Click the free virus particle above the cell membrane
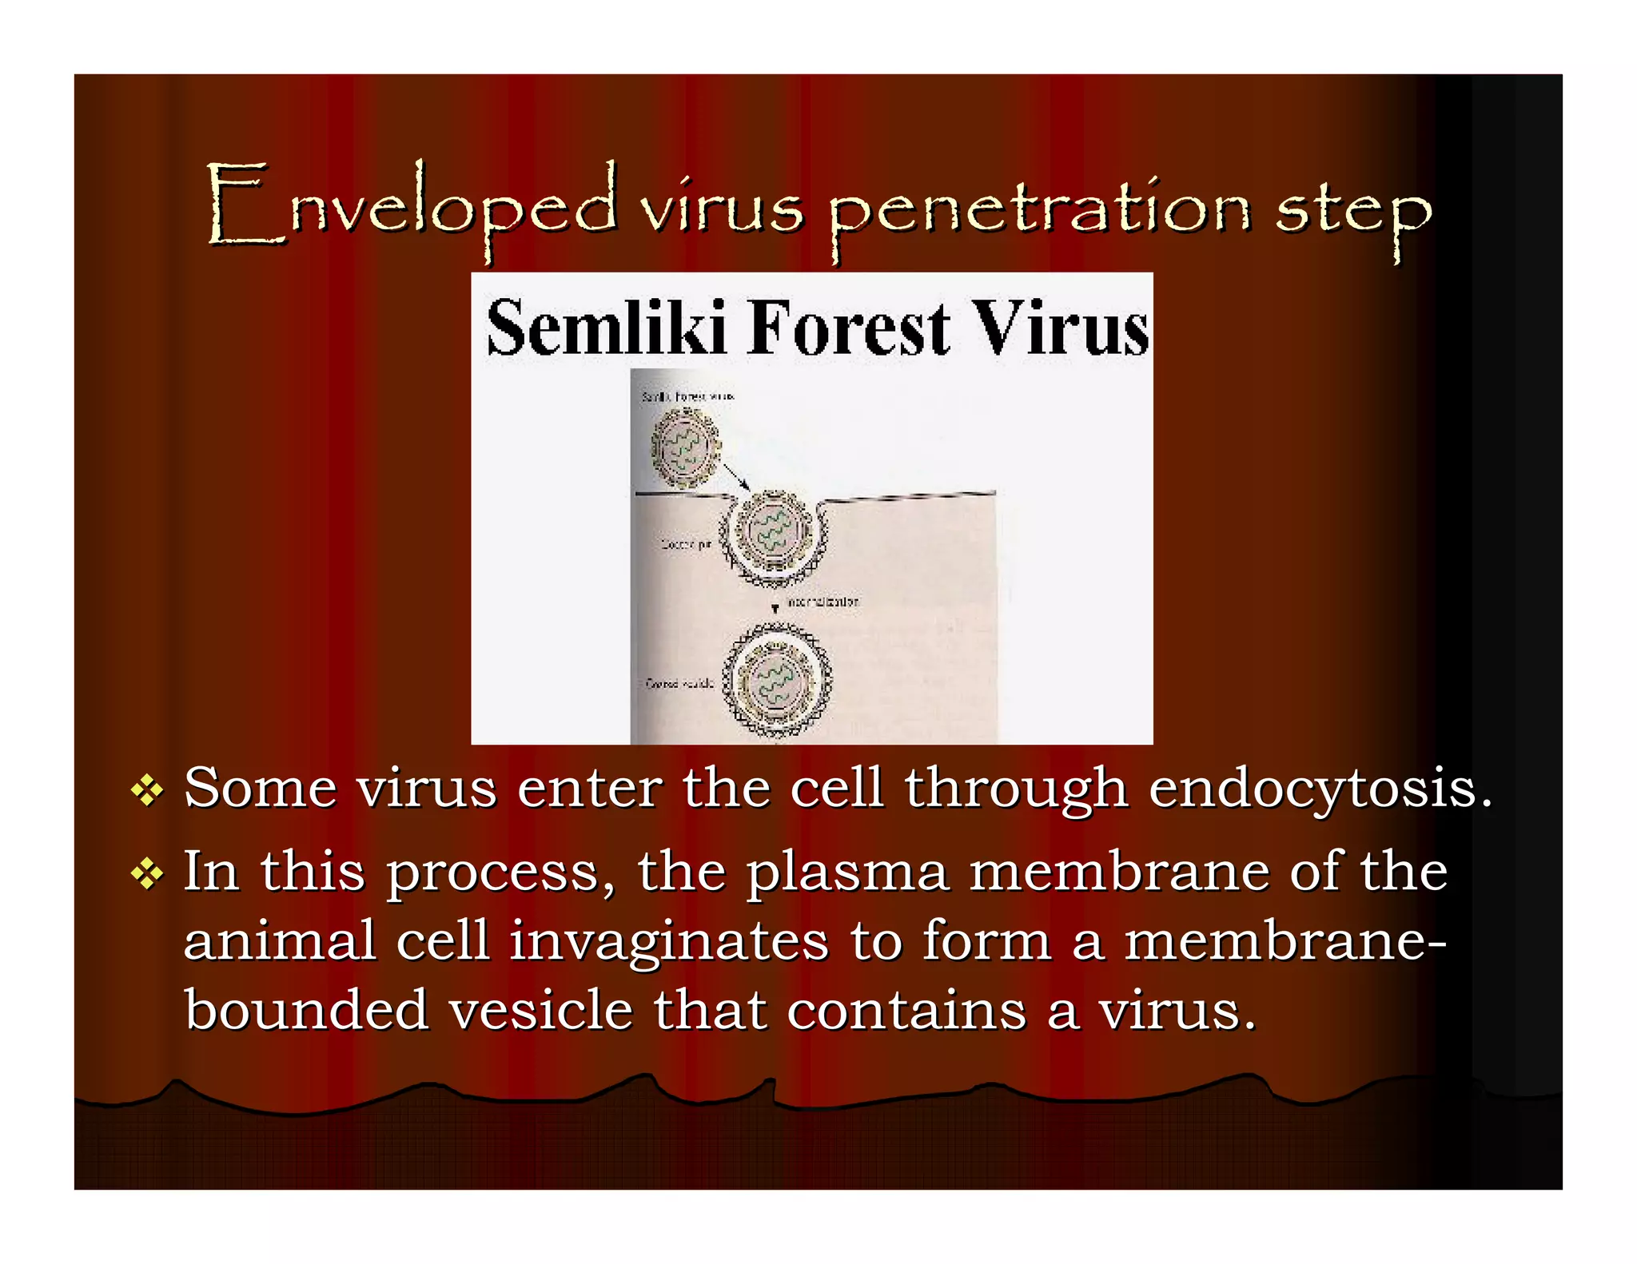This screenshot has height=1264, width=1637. [x=685, y=447]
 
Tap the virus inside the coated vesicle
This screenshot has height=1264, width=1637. [x=776, y=682]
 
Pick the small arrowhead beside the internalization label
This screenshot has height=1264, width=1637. [x=775, y=609]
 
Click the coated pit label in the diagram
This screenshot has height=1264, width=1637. [x=686, y=544]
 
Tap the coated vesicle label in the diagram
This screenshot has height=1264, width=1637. [x=679, y=683]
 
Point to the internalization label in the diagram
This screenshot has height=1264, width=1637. [x=823, y=601]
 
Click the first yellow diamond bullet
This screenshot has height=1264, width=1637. [x=147, y=791]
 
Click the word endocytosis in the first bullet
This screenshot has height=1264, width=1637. [x=1320, y=790]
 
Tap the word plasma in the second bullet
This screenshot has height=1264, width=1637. [x=847, y=872]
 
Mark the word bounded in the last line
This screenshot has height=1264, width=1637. [x=307, y=1010]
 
